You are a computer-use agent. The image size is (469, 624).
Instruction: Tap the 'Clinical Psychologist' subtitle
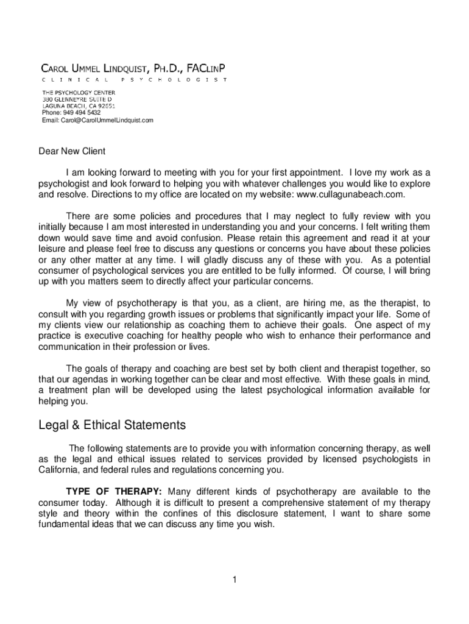point(134,80)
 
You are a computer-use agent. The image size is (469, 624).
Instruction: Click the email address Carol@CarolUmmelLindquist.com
point(97,120)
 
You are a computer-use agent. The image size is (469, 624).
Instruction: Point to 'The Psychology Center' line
point(79,92)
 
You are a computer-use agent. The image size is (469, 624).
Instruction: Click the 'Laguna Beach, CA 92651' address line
point(79,105)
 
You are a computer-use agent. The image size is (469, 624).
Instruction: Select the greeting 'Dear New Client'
point(72,151)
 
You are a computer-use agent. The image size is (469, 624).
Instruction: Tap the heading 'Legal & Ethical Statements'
point(112,424)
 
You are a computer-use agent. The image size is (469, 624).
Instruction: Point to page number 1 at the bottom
point(234,579)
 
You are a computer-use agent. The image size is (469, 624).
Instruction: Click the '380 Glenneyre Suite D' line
point(77,99)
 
